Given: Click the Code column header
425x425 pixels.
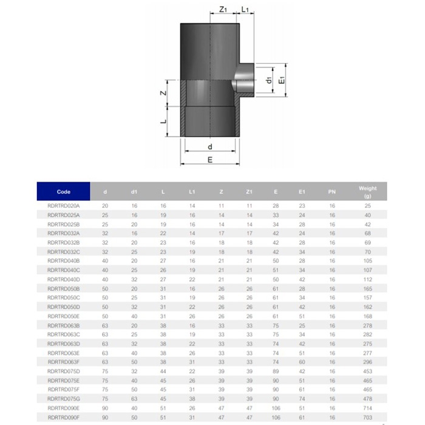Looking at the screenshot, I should [x=63, y=191].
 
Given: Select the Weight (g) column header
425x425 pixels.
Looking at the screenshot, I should [x=367, y=192].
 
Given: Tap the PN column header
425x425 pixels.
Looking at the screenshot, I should [x=331, y=192].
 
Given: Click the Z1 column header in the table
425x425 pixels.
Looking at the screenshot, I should [x=249, y=192].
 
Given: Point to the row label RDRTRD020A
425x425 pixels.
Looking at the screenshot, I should [x=63, y=206].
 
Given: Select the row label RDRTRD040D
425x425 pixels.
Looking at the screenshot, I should [x=63, y=279].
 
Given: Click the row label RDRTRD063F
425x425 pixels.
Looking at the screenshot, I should [x=63, y=362].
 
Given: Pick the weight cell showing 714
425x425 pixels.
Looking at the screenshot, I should [x=367, y=407].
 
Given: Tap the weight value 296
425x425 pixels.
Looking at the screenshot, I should [x=367, y=362].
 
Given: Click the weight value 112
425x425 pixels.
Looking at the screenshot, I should [x=367, y=279].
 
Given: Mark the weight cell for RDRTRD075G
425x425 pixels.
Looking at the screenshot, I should [x=367, y=398].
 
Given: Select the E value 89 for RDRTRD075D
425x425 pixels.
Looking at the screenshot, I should [x=276, y=371].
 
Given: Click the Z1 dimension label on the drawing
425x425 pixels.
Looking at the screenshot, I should [x=223, y=10].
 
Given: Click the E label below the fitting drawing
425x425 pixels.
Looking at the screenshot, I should [x=209, y=160].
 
